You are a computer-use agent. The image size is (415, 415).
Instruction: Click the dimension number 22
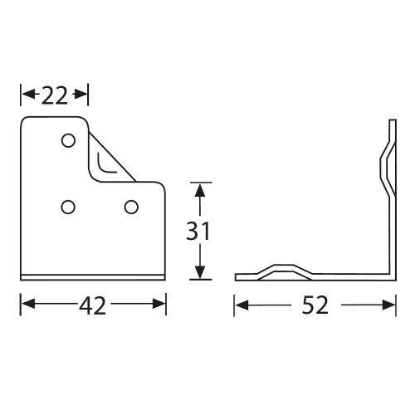[54, 95]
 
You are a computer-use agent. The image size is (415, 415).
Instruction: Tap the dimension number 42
[92, 305]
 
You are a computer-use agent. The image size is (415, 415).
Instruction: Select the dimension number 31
[198, 231]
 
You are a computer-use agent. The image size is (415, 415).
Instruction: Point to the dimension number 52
[315, 305]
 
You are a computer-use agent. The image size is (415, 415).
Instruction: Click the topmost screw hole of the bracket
[68, 141]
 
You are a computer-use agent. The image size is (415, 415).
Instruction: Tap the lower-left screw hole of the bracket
[68, 207]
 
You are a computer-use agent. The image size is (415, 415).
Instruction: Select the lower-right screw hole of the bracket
[131, 207]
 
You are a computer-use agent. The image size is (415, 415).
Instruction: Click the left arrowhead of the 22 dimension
[29, 95]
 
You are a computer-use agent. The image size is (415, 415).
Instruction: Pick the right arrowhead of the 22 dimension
[81, 95]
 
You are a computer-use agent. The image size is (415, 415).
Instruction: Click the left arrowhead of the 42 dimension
[28, 304]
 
